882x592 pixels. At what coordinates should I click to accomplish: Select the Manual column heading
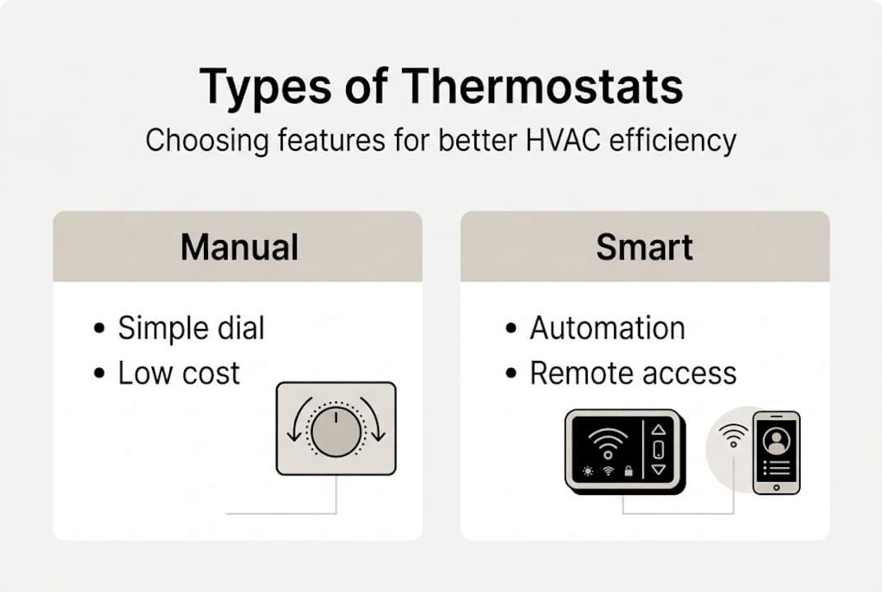[x=238, y=247]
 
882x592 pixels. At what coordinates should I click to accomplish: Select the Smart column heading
[x=644, y=247]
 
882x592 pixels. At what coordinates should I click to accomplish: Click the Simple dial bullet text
[x=191, y=328]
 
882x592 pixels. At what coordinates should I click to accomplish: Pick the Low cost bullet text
[x=178, y=373]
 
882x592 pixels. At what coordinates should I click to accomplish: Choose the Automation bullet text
[x=607, y=328]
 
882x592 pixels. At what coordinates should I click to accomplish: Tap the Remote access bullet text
[x=632, y=373]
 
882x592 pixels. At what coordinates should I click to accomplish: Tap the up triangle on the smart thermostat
[x=658, y=429]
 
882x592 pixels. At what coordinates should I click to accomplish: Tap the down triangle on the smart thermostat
[x=658, y=469]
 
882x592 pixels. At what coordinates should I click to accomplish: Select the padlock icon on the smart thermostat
[x=627, y=471]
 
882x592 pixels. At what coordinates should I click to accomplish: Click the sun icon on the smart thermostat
[x=589, y=471]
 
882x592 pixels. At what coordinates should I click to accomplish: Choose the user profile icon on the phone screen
[x=775, y=439]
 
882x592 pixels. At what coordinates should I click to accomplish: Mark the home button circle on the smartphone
[x=776, y=486]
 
